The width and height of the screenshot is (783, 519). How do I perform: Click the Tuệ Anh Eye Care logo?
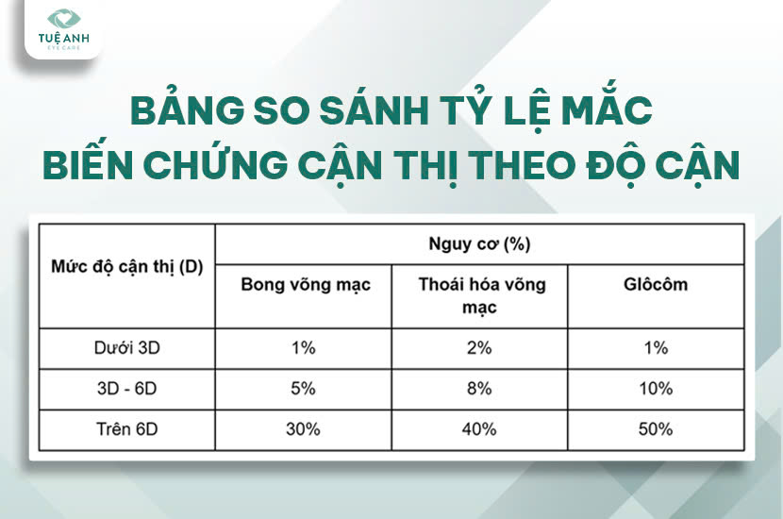point(63,29)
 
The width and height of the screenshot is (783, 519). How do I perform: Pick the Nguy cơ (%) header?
point(479,244)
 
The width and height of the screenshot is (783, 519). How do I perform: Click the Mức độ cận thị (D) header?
point(126,267)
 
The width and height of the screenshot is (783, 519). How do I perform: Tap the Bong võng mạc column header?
point(306,285)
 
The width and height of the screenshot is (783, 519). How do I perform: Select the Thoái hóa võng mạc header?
point(481,295)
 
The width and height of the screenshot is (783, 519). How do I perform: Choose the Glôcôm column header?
point(656,284)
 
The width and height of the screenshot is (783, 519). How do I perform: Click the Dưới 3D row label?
point(126,347)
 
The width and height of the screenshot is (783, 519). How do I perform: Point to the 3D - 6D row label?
point(126,389)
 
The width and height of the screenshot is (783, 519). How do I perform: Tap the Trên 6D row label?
point(126,429)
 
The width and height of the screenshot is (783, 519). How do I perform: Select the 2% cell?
point(479,347)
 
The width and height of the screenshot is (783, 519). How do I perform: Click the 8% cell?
point(479,389)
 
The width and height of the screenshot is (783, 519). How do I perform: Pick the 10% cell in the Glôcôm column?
point(656,389)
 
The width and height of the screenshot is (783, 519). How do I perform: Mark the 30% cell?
point(303,429)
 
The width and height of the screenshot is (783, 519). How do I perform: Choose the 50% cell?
point(656,429)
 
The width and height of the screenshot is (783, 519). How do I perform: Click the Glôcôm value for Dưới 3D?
point(656,347)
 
